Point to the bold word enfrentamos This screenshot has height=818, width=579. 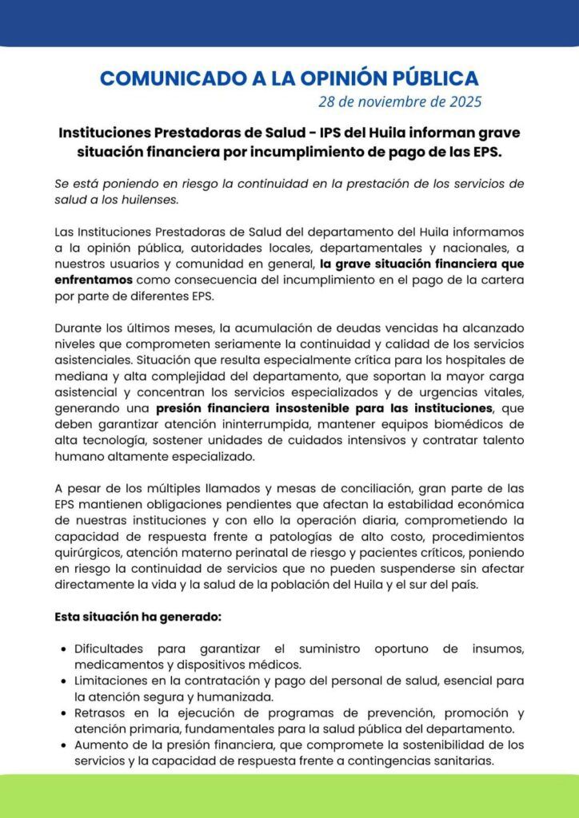[94, 280]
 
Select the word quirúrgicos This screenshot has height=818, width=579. [87, 553]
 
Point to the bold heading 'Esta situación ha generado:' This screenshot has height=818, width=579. [138, 617]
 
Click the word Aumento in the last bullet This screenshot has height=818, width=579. [99, 745]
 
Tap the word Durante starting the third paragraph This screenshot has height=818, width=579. [78, 328]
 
